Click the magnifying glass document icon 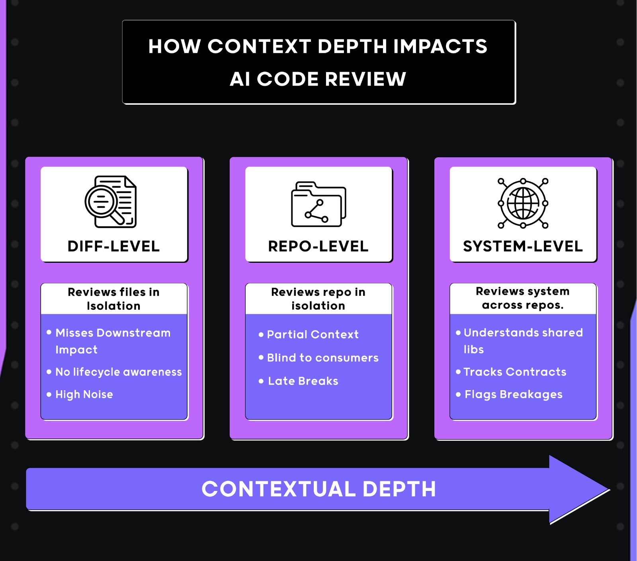tap(111, 202)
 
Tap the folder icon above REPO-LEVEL tap(318, 204)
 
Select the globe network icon tap(523, 203)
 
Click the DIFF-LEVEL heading tap(113, 246)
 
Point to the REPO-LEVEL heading tap(318, 246)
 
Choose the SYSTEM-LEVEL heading tap(523, 246)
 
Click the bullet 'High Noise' tap(84, 395)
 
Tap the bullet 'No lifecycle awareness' tap(118, 372)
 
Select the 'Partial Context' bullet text tap(313, 334)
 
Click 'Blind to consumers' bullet tap(322, 358)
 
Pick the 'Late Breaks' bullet tap(303, 381)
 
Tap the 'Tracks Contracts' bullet tap(515, 372)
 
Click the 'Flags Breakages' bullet tap(514, 395)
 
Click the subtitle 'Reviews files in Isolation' tap(113, 299)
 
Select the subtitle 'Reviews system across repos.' tap(523, 298)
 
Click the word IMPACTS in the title tap(440, 47)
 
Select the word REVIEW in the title tap(365, 79)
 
